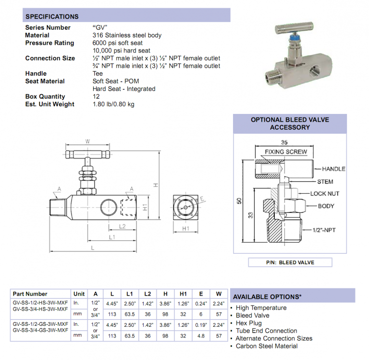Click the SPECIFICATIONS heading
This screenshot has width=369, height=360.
51,17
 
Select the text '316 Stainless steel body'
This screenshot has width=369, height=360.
127,35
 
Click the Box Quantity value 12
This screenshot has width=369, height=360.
96,97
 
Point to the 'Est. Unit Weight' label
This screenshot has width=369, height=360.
49,104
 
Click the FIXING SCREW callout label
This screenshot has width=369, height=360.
286,152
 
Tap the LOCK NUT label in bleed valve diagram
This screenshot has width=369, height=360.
325,194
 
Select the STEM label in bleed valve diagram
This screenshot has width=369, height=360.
325,182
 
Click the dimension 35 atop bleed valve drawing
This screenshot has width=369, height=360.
285,143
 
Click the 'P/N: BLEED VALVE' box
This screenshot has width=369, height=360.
290,262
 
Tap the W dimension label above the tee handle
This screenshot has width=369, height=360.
87,141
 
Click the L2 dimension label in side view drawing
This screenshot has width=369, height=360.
122,226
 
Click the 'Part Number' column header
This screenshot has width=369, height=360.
30,294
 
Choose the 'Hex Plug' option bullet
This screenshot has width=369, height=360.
249,323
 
